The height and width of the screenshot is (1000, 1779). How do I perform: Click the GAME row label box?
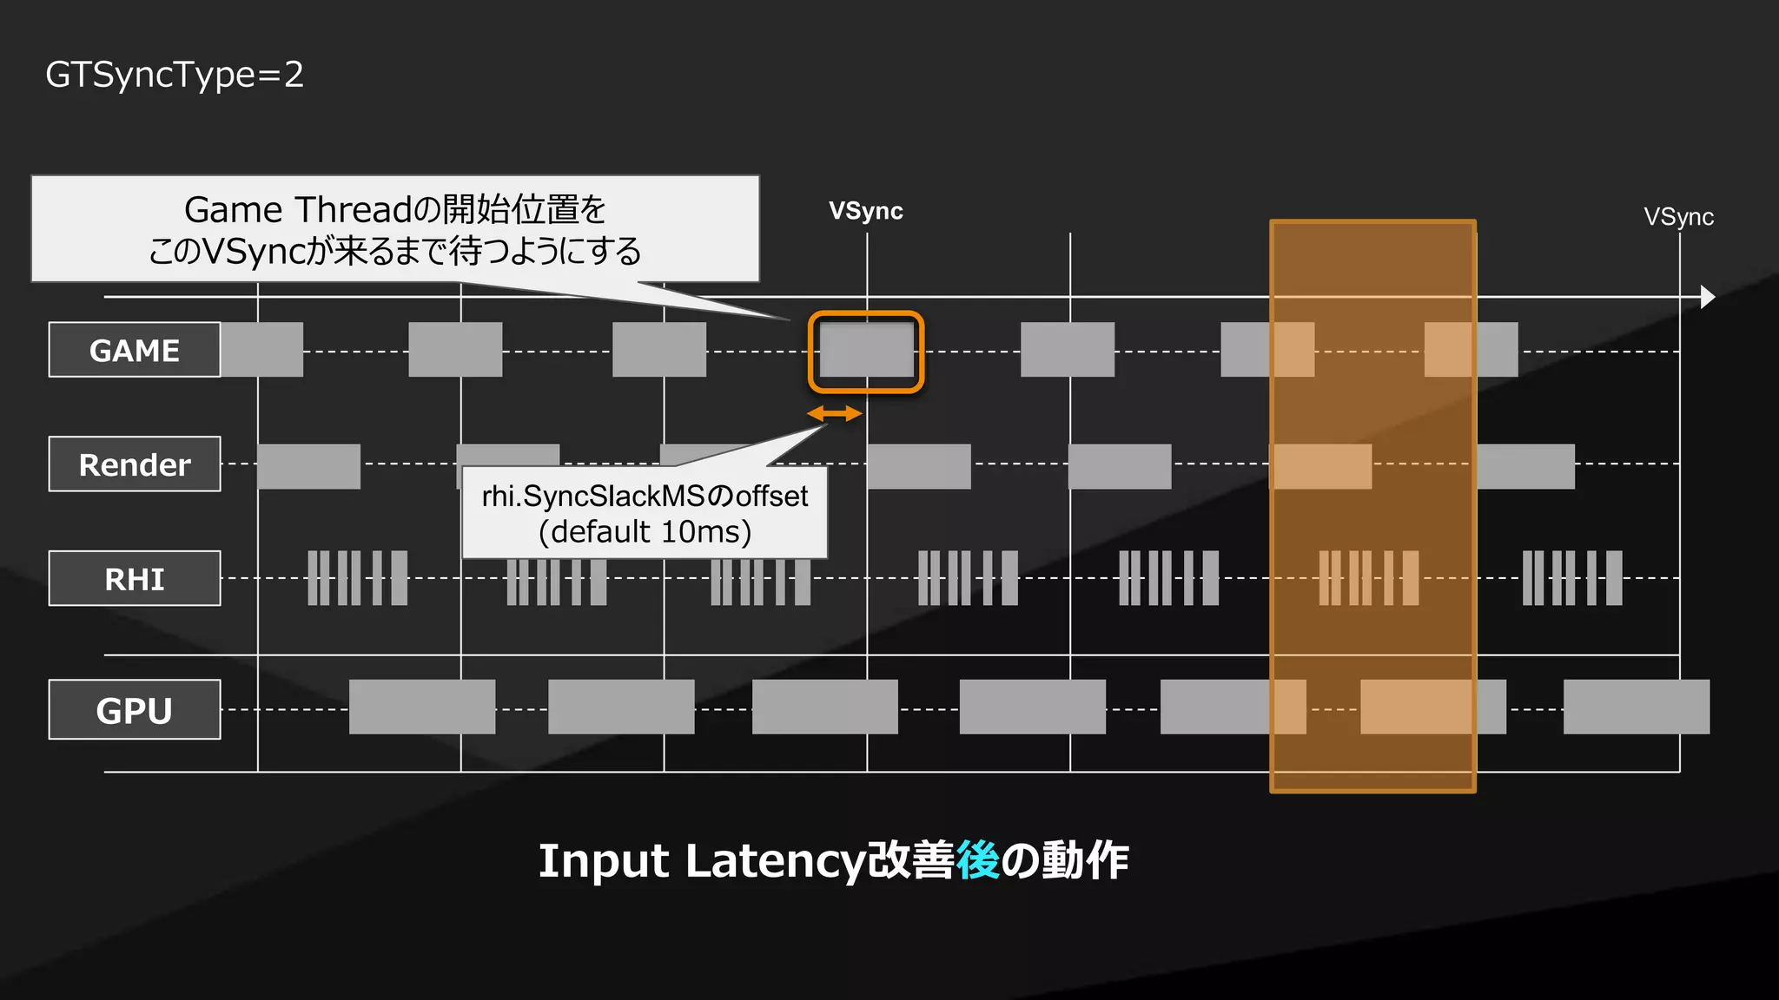click(135, 350)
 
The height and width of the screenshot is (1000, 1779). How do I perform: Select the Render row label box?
click(135, 464)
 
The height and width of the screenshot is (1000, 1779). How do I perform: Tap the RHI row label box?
click(135, 578)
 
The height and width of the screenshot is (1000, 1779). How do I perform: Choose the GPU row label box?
click(135, 710)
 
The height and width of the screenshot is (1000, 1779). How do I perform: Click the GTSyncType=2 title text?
click(175, 75)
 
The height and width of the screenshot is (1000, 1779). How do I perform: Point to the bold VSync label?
click(865, 211)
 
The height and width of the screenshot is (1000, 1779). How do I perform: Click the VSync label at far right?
click(1678, 217)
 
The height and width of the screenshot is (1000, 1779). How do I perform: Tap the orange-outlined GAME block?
click(866, 352)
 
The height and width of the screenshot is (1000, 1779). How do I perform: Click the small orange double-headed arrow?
click(835, 414)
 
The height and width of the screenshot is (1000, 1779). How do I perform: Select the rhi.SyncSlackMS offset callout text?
click(645, 496)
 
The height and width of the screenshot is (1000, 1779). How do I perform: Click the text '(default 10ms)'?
click(645, 531)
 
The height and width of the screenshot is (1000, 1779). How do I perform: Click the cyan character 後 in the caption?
click(977, 860)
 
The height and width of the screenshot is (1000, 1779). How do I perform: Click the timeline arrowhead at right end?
click(1707, 297)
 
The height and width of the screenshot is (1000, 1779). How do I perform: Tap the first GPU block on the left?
click(422, 707)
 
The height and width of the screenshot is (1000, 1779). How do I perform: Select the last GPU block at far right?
click(1636, 707)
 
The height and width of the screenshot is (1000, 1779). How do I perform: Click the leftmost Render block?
click(308, 466)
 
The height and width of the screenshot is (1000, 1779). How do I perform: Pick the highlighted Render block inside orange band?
click(1321, 466)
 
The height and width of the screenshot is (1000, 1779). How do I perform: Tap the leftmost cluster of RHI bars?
click(357, 578)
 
